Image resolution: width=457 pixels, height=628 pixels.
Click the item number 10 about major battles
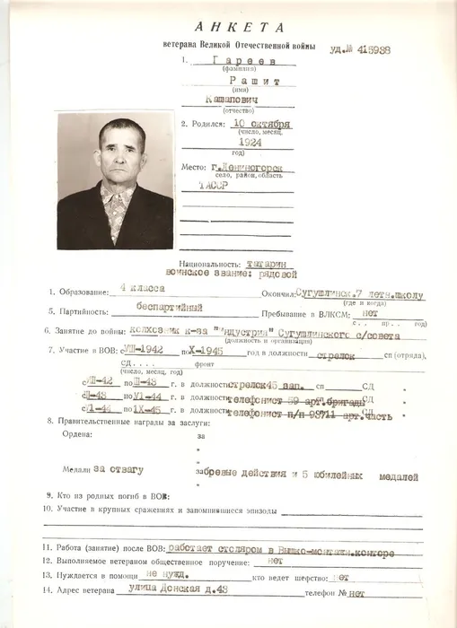(47, 509)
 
